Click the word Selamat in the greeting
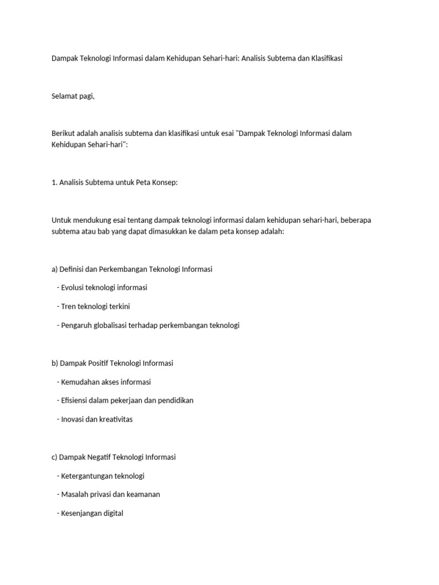[65, 96]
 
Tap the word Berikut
[63, 134]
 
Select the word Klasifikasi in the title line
[323, 58]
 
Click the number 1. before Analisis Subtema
[54, 182]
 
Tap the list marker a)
[55, 269]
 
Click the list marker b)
[55, 363]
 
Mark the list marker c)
[55, 457]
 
